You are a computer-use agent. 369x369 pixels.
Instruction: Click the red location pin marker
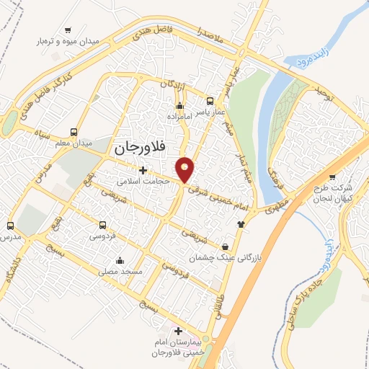pyautogui.click(x=186, y=169)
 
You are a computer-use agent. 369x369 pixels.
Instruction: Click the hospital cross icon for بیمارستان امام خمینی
pyautogui.click(x=179, y=330)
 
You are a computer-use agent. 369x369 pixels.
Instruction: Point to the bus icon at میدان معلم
pyautogui.click(x=74, y=132)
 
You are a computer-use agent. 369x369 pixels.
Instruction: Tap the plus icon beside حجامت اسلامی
pyautogui.click(x=143, y=171)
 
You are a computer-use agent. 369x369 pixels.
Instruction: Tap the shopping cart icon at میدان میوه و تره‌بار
pyautogui.click(x=68, y=30)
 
